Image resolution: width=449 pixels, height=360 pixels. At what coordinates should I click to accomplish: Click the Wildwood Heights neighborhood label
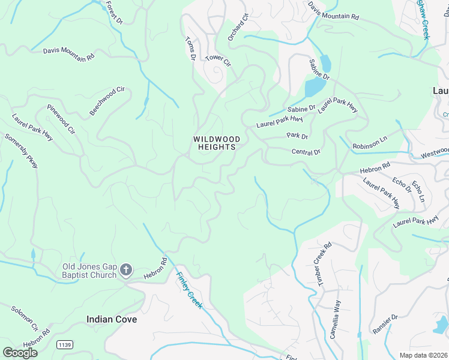point(217,143)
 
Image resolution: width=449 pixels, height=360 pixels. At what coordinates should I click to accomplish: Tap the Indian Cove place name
point(112,319)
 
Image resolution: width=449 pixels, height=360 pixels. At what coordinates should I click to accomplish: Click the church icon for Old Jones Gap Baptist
point(126,270)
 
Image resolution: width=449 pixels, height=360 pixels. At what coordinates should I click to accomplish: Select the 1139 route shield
point(64,344)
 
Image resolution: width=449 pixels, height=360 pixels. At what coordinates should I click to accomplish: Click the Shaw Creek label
point(424,20)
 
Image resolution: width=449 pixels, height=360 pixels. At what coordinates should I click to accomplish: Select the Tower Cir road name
point(218,60)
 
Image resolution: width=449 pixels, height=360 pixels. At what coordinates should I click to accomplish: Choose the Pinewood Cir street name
point(61,119)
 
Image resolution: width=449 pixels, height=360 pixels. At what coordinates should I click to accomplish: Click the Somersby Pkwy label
point(21,151)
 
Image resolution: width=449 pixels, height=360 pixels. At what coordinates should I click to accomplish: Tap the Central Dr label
point(306,152)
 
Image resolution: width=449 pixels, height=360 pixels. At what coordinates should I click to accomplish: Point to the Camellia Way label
point(335,319)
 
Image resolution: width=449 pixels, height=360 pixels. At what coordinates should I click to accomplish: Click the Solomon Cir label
point(25,317)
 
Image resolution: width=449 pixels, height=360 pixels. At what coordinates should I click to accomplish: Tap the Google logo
point(20,352)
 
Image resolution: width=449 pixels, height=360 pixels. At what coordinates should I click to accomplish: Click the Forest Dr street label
point(113,12)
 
